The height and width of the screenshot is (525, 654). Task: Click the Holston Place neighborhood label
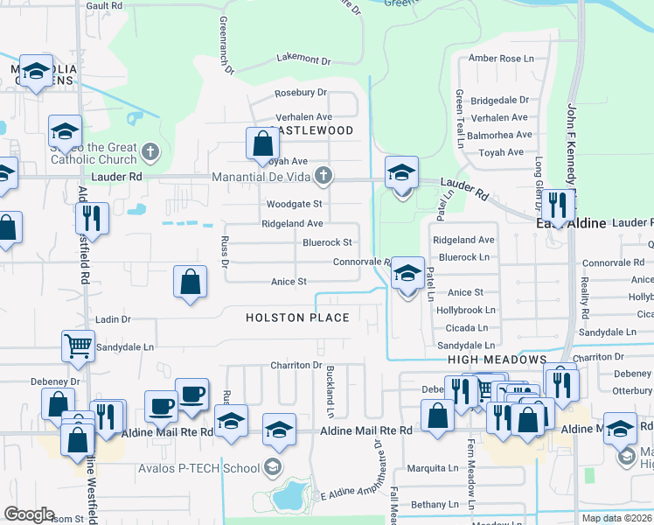pos(297,318)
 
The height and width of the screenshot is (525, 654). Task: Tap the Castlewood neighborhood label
pos(312,130)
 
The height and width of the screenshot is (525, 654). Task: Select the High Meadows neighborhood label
pos(497,360)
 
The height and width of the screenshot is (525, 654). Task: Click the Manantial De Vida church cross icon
pos(324,177)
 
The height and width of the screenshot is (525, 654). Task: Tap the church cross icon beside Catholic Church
pos(150,152)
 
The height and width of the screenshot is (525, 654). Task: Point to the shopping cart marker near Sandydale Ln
pos(78,346)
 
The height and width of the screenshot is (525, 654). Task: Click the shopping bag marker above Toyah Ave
pos(262,143)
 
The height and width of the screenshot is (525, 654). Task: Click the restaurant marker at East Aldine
pos(557,206)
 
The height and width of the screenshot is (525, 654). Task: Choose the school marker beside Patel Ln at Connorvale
pos(407,275)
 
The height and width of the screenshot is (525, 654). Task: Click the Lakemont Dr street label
pos(303,60)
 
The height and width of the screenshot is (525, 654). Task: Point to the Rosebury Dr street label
pos(300,92)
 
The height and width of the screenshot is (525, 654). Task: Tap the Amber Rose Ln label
pos(500,59)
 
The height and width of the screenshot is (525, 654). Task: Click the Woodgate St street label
pos(295,204)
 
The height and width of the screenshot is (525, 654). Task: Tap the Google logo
pos(29,514)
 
